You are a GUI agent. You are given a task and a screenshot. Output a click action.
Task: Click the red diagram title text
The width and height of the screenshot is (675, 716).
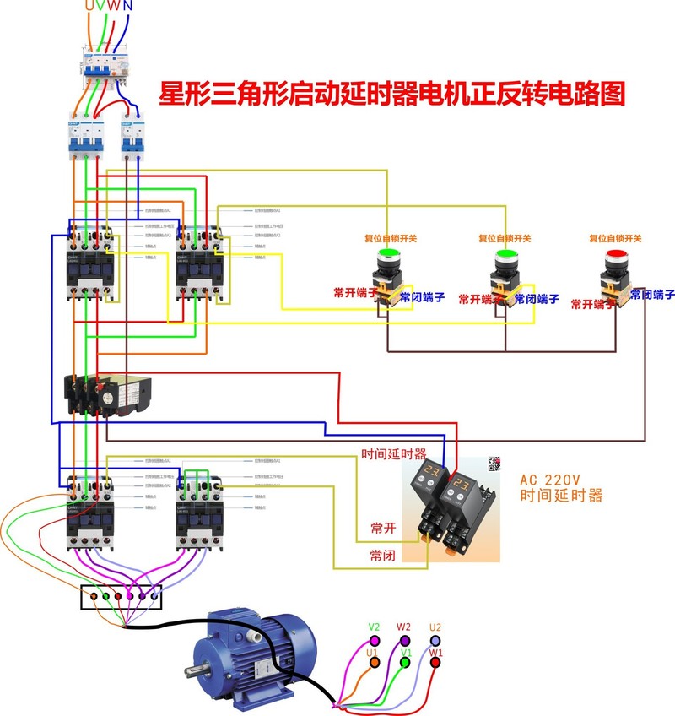point(392,93)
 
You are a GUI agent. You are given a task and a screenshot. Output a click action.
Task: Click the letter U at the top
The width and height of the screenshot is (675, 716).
point(89,7)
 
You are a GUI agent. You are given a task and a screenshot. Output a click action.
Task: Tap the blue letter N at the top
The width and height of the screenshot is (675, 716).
point(127,7)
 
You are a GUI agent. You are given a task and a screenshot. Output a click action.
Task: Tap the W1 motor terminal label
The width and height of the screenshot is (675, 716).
point(435,653)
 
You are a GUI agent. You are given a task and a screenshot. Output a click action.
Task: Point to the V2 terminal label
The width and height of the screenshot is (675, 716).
point(374,627)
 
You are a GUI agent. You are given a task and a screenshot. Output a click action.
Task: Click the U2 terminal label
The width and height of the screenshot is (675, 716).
point(435,627)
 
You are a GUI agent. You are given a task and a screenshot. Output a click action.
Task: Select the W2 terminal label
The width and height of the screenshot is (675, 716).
point(403,626)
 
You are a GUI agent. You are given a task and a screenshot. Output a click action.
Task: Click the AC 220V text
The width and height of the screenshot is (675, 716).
point(553,479)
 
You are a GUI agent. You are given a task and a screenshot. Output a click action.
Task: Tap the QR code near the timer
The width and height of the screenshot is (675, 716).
point(494,464)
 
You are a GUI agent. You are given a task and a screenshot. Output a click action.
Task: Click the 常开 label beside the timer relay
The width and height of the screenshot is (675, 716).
point(383,528)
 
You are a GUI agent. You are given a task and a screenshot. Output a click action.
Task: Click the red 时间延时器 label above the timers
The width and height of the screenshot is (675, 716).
point(394,453)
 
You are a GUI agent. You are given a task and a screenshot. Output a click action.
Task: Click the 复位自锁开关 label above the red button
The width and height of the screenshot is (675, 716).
point(615,239)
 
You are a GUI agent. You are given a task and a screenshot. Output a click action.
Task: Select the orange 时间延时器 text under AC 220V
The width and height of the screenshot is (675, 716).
point(562,496)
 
